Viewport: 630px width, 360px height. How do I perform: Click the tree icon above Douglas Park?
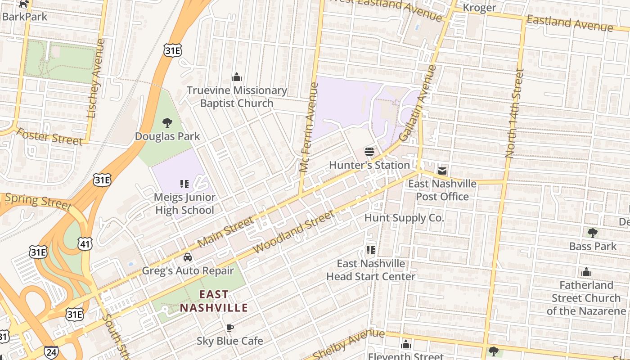click(167, 122)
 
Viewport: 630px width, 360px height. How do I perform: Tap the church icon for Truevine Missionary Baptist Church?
click(237, 77)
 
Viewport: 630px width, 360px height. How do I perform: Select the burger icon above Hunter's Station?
click(369, 152)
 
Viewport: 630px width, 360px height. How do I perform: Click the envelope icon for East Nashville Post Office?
click(442, 171)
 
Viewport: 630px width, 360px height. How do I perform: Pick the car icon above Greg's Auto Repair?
click(187, 257)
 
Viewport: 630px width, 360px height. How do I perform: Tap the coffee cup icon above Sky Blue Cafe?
click(229, 328)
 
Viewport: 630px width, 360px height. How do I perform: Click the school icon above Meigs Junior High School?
click(184, 184)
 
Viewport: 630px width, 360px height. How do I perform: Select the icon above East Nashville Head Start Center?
click(370, 250)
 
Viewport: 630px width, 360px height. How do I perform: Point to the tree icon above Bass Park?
click(593, 233)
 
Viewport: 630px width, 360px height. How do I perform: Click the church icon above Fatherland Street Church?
click(586, 272)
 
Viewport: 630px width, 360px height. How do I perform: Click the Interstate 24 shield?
click(51, 352)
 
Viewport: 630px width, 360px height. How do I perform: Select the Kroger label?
click(479, 8)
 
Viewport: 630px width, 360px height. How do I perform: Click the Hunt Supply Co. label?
click(404, 218)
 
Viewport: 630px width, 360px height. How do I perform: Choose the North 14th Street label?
click(515, 113)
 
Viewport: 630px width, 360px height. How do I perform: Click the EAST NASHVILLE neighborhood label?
click(214, 301)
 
